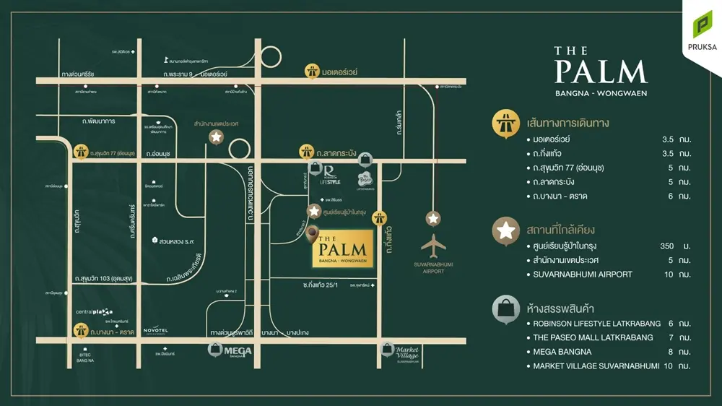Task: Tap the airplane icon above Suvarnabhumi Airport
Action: pos(433,246)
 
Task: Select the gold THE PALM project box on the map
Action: pos(342,249)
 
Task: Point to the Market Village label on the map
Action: pos(406,353)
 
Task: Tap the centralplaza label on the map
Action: pos(93,312)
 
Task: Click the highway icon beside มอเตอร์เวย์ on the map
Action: pos(312,72)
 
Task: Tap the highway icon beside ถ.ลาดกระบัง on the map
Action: pos(307,152)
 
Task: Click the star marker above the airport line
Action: pos(433,218)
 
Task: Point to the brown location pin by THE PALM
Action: pos(313,233)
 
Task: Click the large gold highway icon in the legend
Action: pos(505,123)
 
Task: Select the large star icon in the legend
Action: pos(505,231)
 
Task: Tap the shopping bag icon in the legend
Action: pos(505,309)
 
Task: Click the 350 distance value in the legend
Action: pos(666,246)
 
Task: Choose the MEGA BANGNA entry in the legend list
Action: pos(562,352)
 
